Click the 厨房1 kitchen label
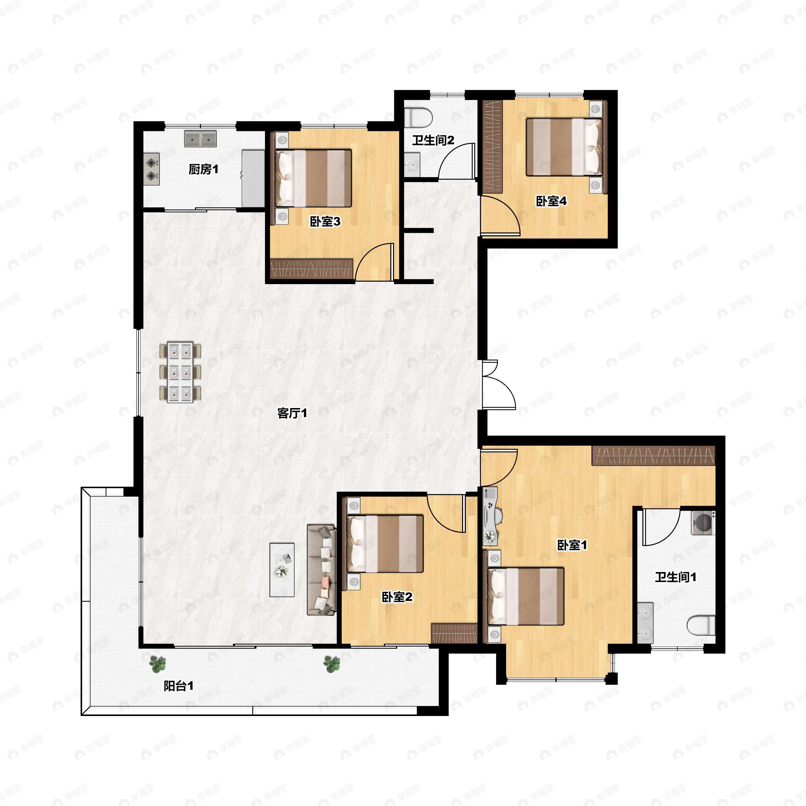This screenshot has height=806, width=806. pos(203,169)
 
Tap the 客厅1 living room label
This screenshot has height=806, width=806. pos(292,413)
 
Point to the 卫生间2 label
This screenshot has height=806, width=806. pos(433,140)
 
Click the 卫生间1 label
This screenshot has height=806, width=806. pos(675,577)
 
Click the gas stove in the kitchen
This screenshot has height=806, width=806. pos(152,169)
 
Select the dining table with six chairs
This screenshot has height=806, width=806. pos(180,372)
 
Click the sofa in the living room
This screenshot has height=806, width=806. pos(322,570)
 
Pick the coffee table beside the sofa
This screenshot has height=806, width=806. pos(282,570)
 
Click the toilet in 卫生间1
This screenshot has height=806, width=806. pos(701,626)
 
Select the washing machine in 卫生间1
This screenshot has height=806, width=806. pos(703,523)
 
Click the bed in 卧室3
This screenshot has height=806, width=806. pos(313,178)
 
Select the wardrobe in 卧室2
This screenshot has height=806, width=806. pos(454,633)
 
